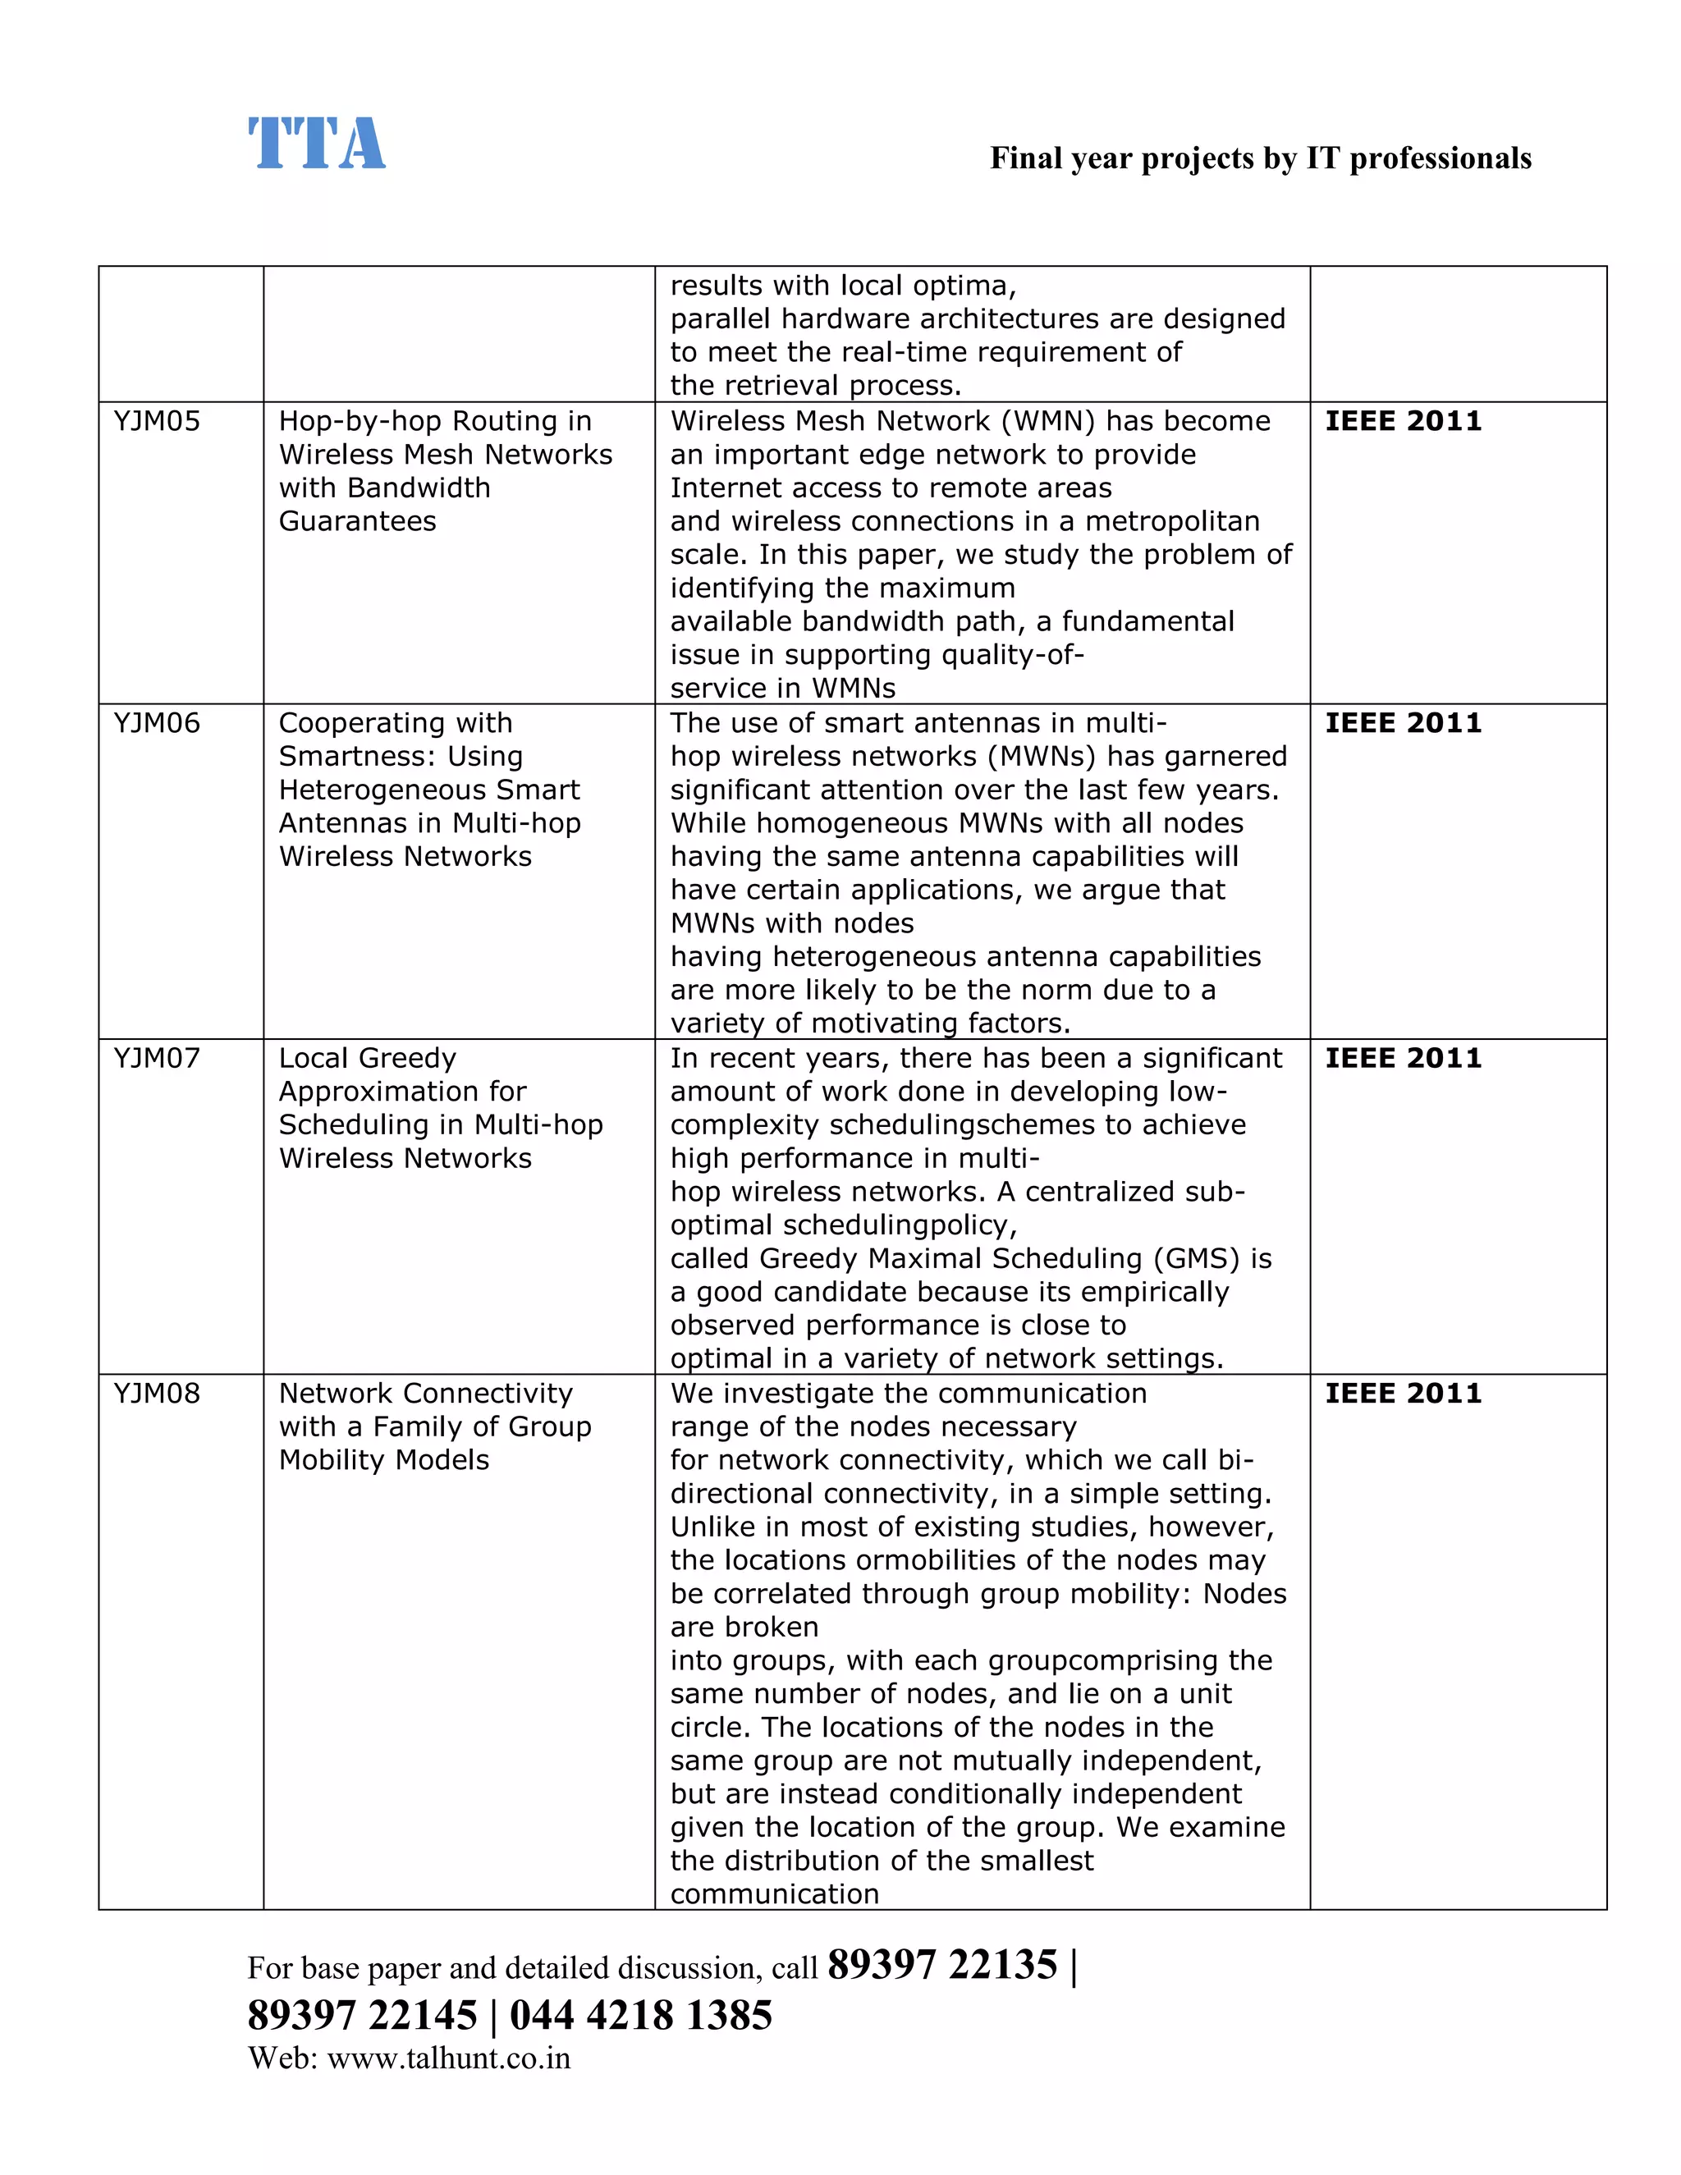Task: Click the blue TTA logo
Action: click(x=316, y=144)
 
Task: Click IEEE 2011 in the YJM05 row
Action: click(x=1402, y=421)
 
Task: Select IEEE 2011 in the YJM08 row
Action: click(x=1402, y=1394)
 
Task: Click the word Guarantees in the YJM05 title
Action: click(x=358, y=522)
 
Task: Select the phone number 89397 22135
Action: click(x=941, y=1965)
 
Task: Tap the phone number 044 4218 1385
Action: click(x=640, y=2015)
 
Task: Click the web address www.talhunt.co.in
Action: click(x=448, y=2058)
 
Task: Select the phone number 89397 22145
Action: click(x=363, y=2015)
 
